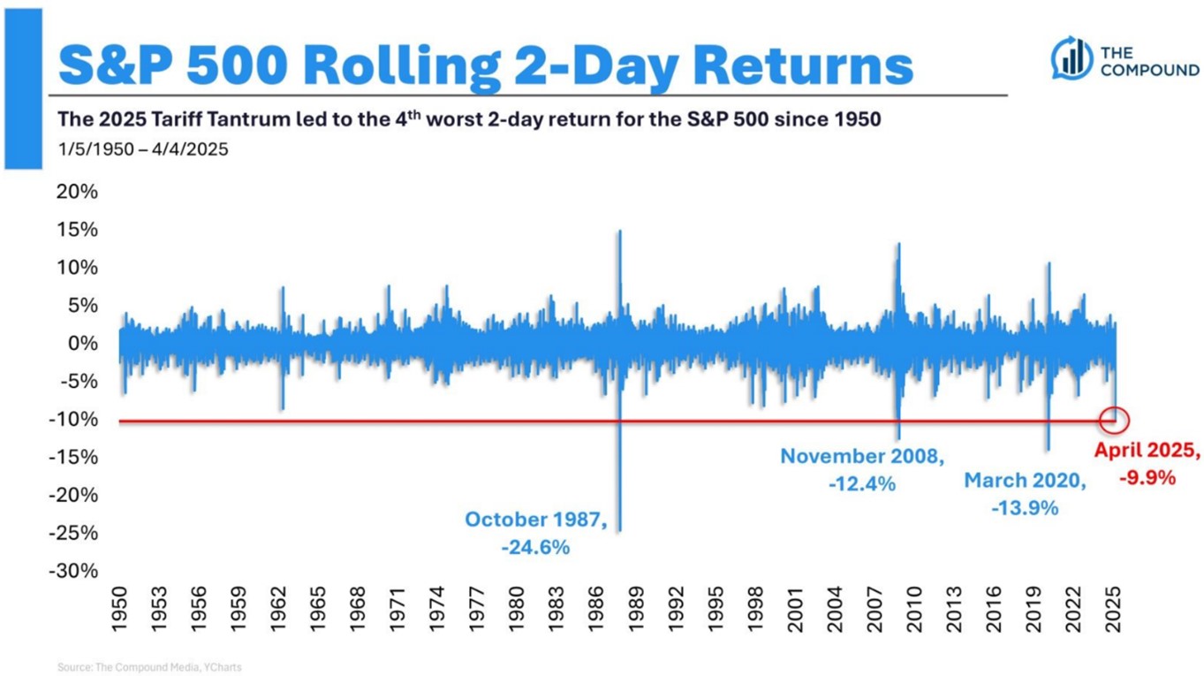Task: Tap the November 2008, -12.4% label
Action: click(862, 469)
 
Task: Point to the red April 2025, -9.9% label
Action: click(1147, 464)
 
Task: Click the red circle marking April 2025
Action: click(1115, 419)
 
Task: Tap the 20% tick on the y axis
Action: click(78, 193)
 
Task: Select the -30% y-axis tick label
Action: click(74, 571)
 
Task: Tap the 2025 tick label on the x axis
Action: click(1114, 609)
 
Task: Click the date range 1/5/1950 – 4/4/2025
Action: click(143, 148)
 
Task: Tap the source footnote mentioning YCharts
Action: click(148, 667)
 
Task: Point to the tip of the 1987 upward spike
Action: click(620, 232)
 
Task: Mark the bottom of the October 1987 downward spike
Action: click(620, 529)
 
